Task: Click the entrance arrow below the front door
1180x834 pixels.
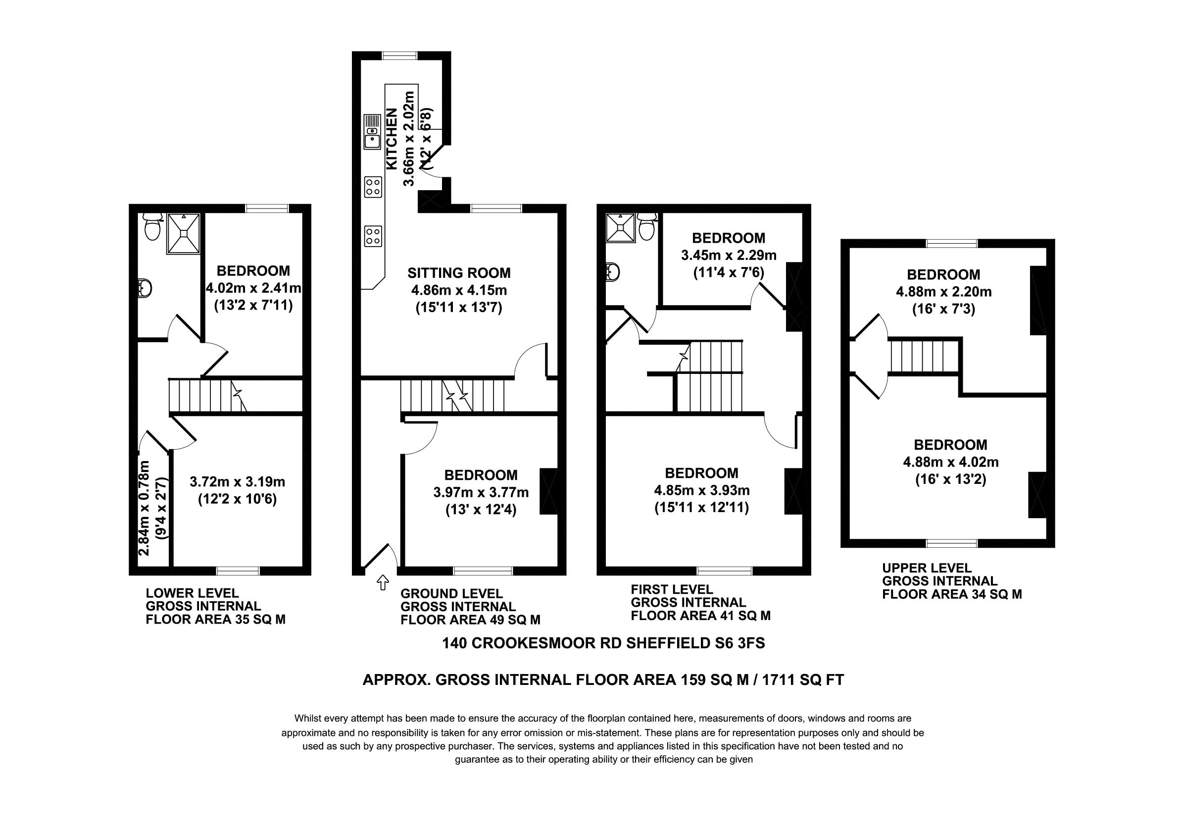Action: pyautogui.click(x=383, y=582)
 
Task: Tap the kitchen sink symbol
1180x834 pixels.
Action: pyautogui.click(x=372, y=132)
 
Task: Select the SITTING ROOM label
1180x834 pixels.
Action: pyautogui.click(x=459, y=273)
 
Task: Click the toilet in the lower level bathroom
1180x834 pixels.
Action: pyautogui.click(x=152, y=226)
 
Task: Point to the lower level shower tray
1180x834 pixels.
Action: pyautogui.click(x=183, y=233)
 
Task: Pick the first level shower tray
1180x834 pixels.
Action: pyautogui.click(x=620, y=227)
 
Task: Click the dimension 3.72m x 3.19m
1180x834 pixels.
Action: pyautogui.click(x=237, y=482)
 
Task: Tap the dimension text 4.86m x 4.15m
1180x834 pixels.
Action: pyautogui.click(x=459, y=291)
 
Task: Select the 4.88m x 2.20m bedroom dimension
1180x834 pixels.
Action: pyautogui.click(x=943, y=292)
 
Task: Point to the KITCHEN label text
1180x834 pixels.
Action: pyautogui.click(x=392, y=139)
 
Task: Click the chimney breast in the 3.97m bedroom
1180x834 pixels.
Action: pyautogui.click(x=549, y=491)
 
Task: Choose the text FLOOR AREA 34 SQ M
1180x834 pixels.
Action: pyautogui.click(x=952, y=594)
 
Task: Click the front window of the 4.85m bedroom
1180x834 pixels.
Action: pyautogui.click(x=724, y=570)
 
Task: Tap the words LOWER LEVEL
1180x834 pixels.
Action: pyautogui.click(x=192, y=593)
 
